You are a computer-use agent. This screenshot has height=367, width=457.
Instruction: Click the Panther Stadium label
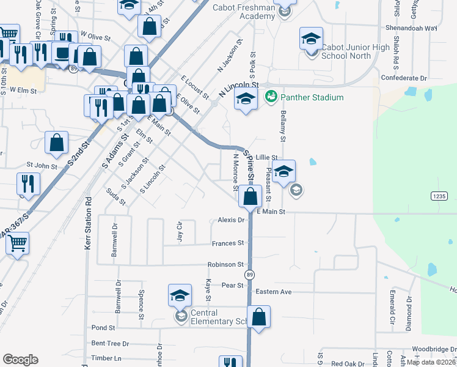pyautogui.click(x=312, y=97)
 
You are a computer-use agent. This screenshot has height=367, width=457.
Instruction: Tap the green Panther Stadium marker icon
pyautogui.click(x=271, y=97)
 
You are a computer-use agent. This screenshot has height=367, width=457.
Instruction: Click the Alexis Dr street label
pyautogui.click(x=231, y=220)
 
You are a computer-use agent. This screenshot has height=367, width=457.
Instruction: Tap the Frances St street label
pyautogui.click(x=228, y=243)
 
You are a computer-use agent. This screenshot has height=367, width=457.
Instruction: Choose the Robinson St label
pyautogui.click(x=225, y=265)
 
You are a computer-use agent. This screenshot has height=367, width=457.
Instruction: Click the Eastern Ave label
pyautogui.click(x=274, y=292)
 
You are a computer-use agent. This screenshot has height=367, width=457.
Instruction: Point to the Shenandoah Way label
pyautogui.click(x=411, y=28)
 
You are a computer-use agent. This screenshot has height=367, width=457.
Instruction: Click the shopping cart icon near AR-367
pyautogui.click(x=17, y=242)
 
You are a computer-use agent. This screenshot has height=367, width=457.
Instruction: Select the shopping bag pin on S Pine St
pyautogui.click(x=250, y=196)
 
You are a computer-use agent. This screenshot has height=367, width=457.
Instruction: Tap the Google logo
pyautogui.click(x=20, y=360)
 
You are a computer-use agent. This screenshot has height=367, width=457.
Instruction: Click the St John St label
pyautogui.click(x=41, y=166)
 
